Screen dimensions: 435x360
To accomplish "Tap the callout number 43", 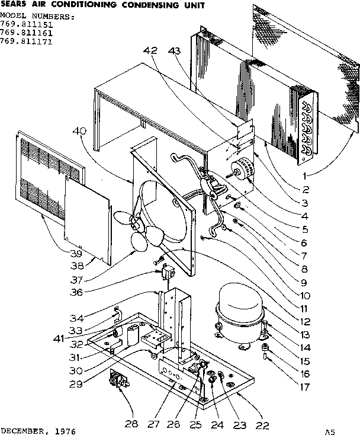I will pyautogui.click(x=174, y=52).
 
